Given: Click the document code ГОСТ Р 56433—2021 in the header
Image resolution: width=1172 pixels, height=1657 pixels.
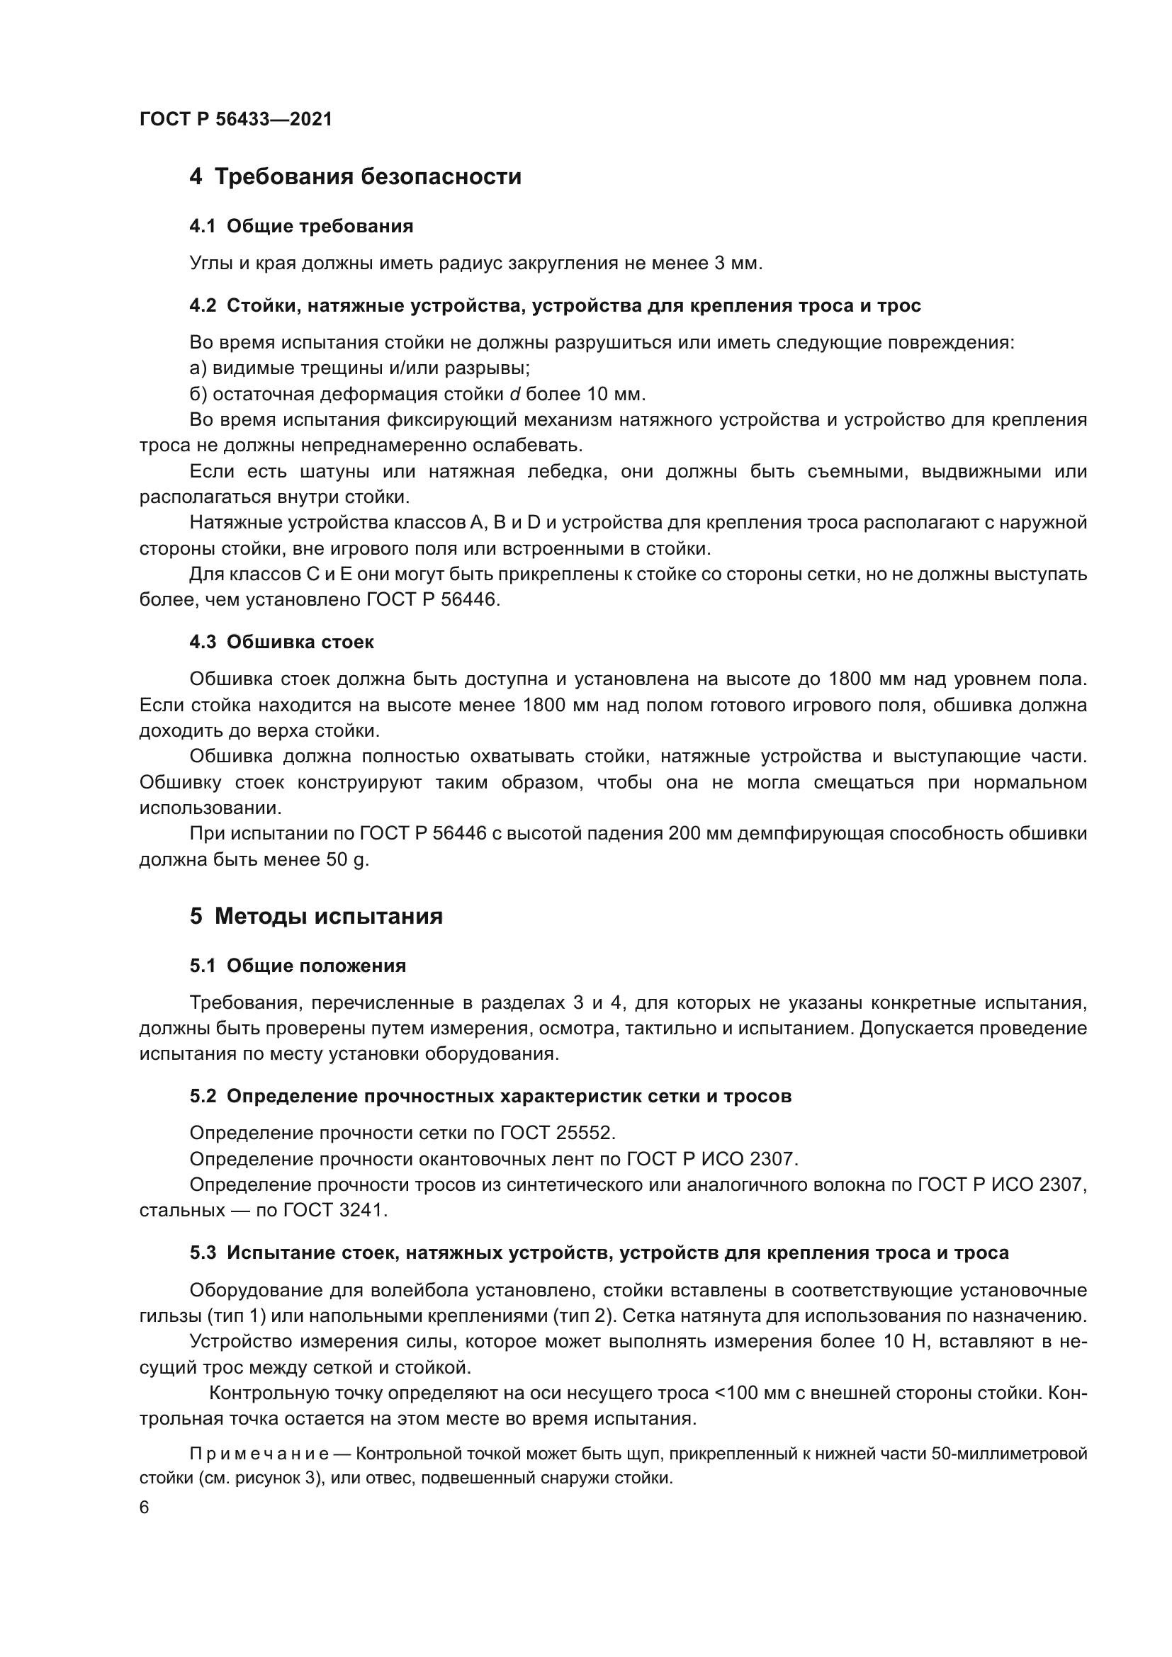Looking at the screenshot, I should coord(236,119).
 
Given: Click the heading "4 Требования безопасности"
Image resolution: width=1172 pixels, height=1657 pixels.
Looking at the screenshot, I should coord(355,177).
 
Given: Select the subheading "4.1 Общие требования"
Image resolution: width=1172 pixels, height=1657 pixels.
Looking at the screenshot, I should coord(301,227).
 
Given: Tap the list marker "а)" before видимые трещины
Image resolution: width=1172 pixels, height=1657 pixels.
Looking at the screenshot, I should coord(198,369).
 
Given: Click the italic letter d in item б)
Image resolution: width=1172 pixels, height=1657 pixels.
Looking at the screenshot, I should coord(514,395).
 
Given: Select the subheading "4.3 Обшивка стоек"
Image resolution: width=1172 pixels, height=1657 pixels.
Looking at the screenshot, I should coord(281,643).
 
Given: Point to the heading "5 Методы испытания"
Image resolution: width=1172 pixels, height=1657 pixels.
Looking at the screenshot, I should coord(316,917).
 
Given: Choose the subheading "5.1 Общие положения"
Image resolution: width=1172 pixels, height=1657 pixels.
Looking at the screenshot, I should coord(298,966).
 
